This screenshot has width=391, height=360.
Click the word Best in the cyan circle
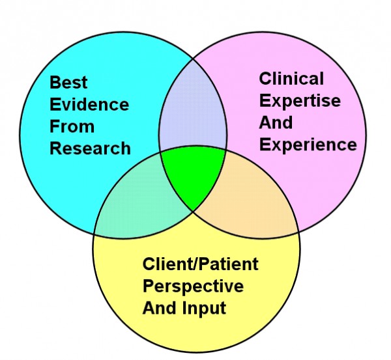coord(68,83)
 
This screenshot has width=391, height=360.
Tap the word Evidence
coord(89,104)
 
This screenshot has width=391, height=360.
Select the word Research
coord(90,148)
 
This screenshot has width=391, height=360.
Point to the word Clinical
coord(291,79)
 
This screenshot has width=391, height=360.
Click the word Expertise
coord(300,101)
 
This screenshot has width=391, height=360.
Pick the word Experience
coord(308,145)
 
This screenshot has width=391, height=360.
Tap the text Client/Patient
coord(201,264)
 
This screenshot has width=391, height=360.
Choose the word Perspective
coord(193,286)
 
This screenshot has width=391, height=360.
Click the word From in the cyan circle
coord(72,126)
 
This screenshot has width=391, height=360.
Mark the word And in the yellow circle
coord(158,307)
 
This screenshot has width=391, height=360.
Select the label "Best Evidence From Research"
coord(90,115)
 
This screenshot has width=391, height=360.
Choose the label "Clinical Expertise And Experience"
coord(308,112)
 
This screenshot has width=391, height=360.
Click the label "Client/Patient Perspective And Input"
coord(201,286)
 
